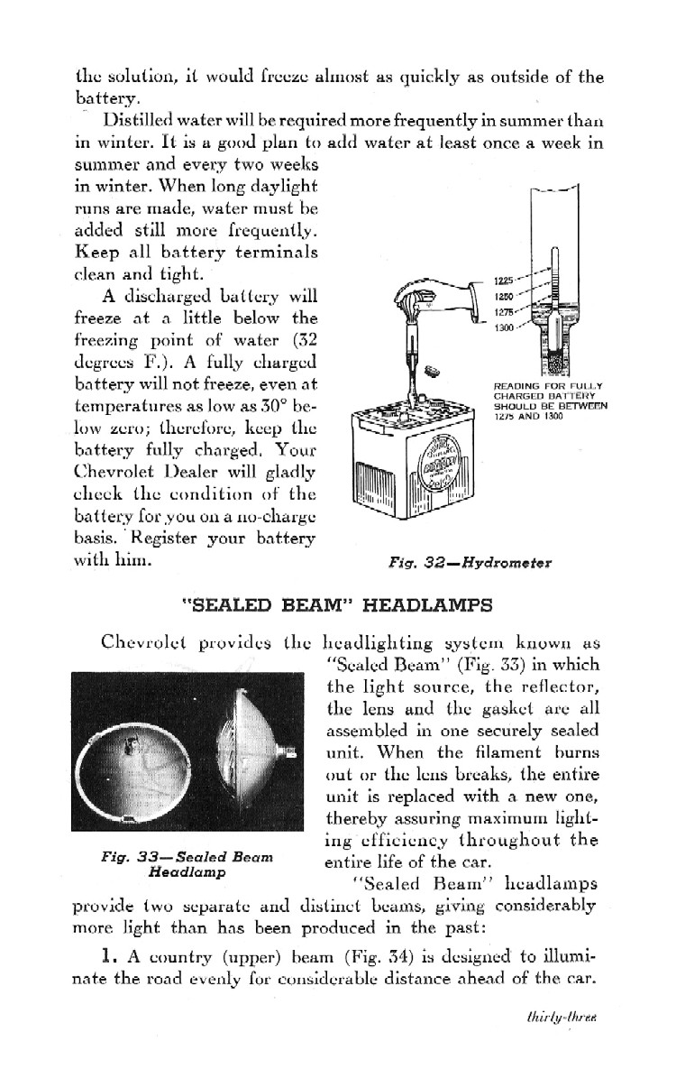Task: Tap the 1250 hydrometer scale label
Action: pos(505,296)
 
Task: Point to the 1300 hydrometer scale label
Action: pos(505,327)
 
